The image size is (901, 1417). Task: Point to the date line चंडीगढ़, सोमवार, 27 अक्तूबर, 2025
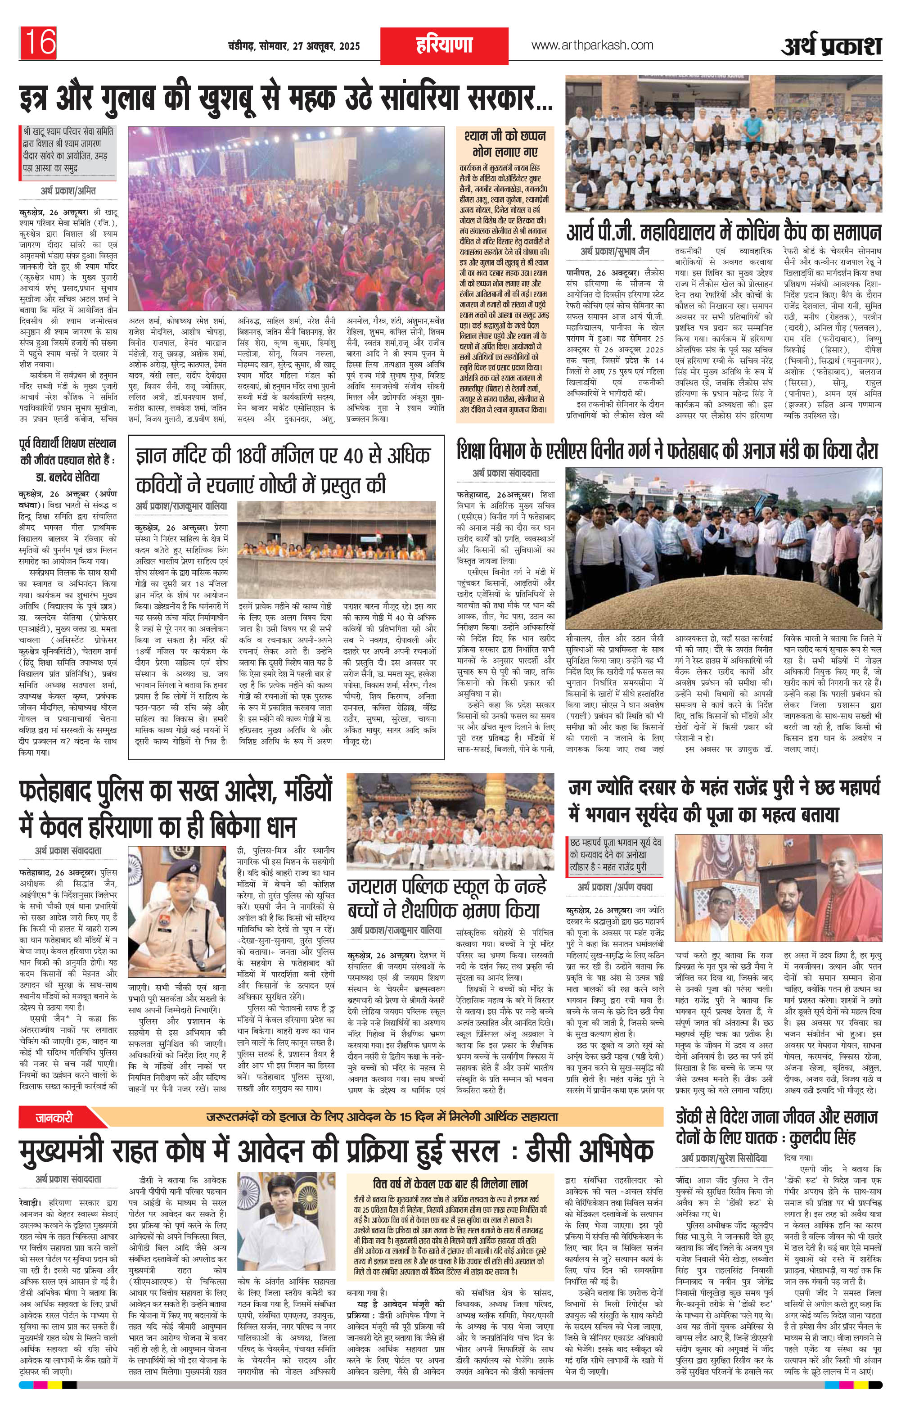[x=293, y=46]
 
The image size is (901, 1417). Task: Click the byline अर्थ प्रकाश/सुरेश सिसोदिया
[x=725, y=1159]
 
